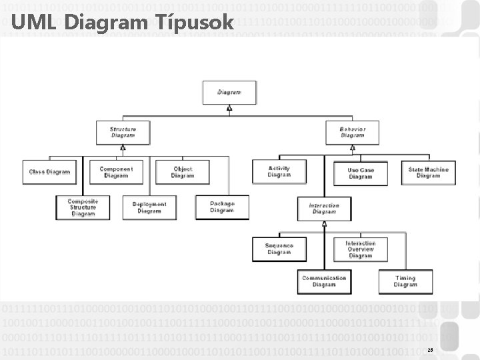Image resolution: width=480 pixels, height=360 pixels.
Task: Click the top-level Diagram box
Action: [229, 92]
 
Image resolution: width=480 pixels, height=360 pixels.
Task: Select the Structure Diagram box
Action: [123, 131]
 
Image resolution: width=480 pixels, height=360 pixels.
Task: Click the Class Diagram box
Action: [49, 172]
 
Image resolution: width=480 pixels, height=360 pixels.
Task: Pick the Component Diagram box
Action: [116, 172]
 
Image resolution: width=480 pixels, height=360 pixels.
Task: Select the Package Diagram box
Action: [221, 207]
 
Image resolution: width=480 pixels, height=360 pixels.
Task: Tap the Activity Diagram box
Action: [279, 172]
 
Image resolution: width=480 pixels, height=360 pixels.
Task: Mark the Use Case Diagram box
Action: [361, 173]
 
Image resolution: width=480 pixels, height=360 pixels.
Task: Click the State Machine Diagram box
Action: [428, 172]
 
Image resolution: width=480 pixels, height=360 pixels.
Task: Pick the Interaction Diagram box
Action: [324, 209]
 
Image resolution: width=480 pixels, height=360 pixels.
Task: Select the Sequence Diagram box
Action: [279, 249]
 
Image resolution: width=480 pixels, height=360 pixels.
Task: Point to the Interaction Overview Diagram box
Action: [360, 249]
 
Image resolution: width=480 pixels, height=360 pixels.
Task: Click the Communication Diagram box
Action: [324, 281]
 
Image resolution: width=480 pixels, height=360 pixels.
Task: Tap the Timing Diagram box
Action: [405, 281]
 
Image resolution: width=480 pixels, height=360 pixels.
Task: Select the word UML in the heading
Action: [32, 22]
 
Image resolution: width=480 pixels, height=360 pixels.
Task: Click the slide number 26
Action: [430, 349]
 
